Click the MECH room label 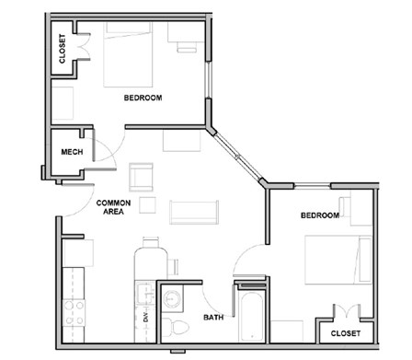click(72, 152)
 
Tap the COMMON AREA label click(113, 207)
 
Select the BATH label click(213, 318)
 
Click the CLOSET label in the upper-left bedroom click(63, 49)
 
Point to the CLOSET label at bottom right click(346, 333)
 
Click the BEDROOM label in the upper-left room click(143, 98)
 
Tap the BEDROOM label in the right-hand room click(320, 215)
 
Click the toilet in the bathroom click(175, 326)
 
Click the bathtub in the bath click(251, 316)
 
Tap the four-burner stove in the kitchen click(74, 313)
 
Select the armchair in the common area click(141, 177)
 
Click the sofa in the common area click(194, 212)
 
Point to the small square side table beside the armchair click(147, 205)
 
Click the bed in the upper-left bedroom click(128, 54)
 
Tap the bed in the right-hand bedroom click(338, 260)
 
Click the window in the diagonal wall click(238, 157)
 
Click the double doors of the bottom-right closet click(347, 311)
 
